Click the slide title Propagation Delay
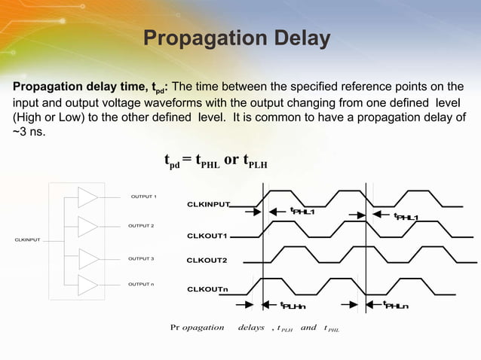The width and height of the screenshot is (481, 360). [236, 38]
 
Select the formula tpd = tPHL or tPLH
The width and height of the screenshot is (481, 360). [216, 160]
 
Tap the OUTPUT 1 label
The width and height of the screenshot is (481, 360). [143, 197]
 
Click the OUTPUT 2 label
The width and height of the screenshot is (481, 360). [141, 226]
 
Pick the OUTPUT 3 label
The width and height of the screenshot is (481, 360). [141, 259]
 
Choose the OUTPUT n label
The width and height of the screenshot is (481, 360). [141, 284]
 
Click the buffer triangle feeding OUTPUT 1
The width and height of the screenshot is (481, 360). [87, 197]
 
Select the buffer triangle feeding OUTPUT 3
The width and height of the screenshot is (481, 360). [87, 259]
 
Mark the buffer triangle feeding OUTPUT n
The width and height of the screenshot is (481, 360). [87, 285]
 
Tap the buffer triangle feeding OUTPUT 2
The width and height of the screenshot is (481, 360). [87, 226]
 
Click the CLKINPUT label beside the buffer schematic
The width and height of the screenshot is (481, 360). [28, 240]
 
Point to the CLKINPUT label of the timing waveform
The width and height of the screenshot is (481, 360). [208, 204]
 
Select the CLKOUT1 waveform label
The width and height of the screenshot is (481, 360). [207, 236]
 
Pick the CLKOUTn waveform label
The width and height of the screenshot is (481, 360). [207, 289]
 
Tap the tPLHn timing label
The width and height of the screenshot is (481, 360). [293, 306]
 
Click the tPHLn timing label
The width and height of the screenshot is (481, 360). [396, 306]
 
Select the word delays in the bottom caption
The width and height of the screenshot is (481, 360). [251, 328]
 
